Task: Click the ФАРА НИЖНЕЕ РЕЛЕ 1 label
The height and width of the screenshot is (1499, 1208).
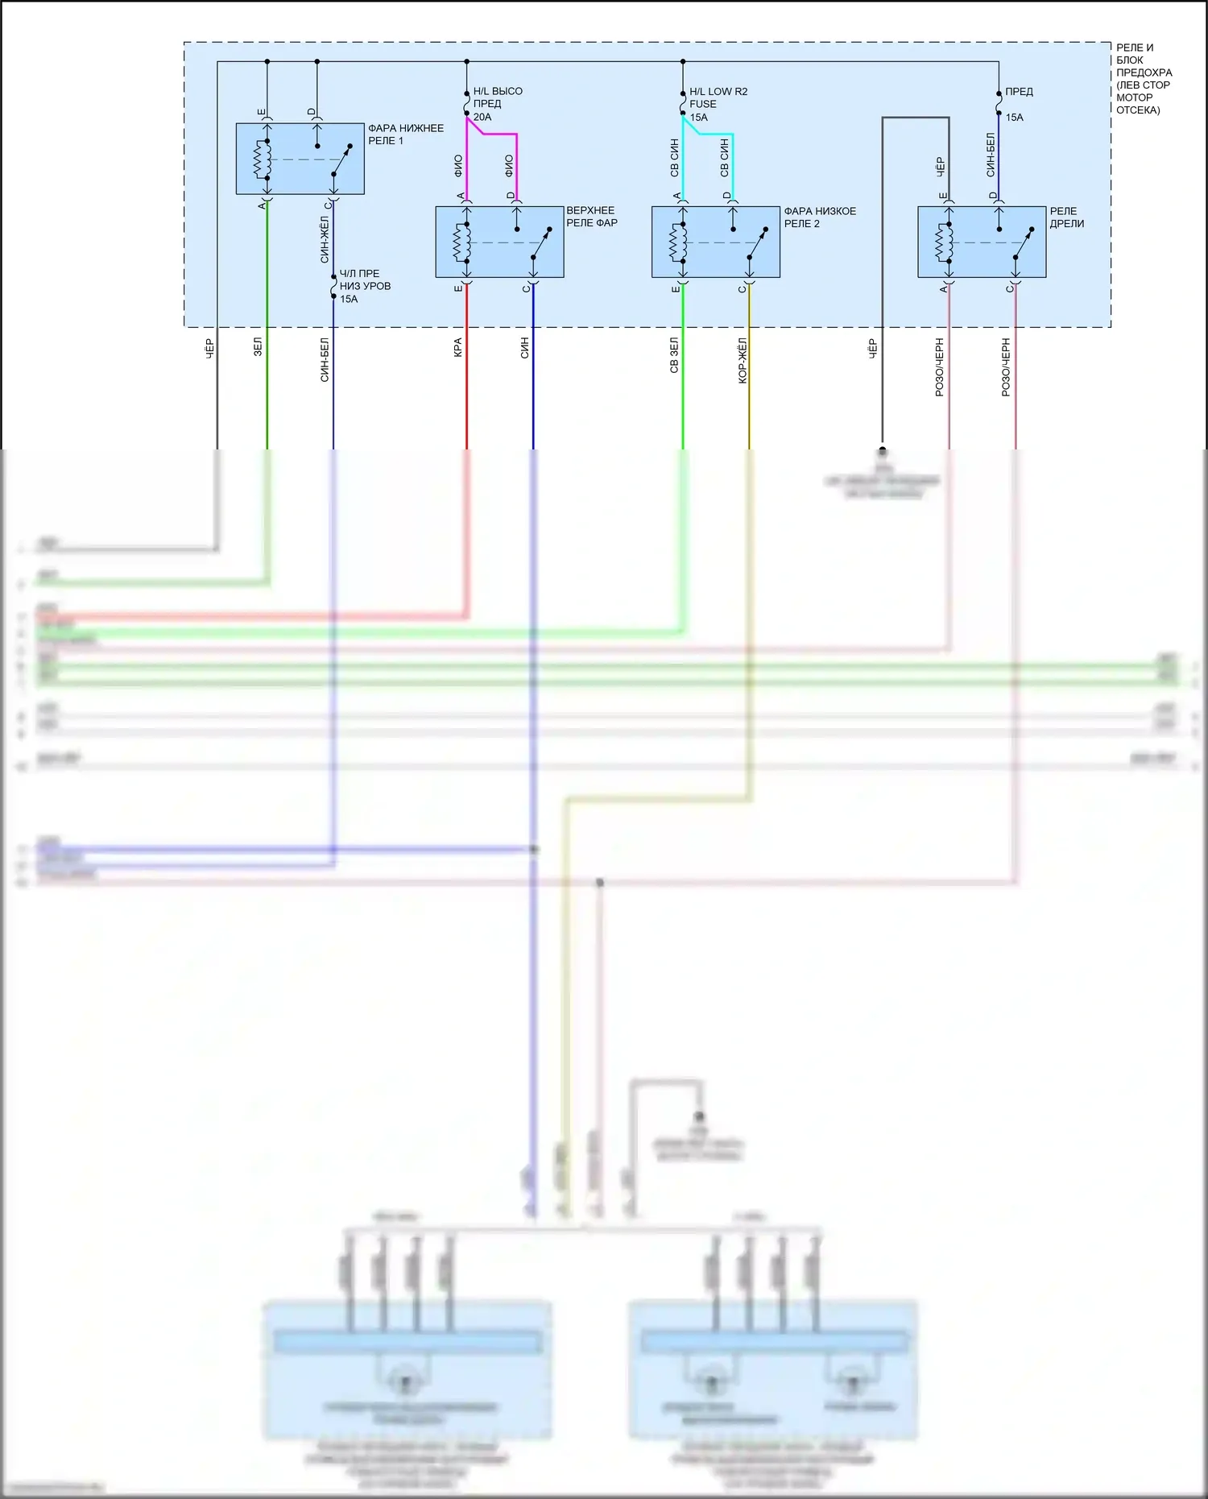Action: (x=405, y=135)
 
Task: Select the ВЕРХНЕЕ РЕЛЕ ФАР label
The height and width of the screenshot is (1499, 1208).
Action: (x=591, y=217)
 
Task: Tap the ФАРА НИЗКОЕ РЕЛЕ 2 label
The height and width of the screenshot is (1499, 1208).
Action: (x=819, y=217)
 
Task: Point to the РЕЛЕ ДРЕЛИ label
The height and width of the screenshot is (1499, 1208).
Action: (x=1066, y=217)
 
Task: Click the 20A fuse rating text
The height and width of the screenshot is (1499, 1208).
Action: (x=482, y=118)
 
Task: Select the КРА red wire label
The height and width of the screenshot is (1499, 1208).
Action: (x=457, y=347)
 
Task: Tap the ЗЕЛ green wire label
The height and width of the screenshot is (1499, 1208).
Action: (x=258, y=347)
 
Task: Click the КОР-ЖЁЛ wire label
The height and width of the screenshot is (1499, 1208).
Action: (x=743, y=360)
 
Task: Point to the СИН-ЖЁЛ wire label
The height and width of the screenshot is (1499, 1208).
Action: (x=325, y=239)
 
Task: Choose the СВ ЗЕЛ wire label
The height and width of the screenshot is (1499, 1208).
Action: (x=674, y=354)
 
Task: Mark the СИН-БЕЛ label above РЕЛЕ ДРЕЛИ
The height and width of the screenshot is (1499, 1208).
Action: (x=990, y=155)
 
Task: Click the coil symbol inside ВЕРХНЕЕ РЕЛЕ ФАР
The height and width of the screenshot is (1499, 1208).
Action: (x=461, y=242)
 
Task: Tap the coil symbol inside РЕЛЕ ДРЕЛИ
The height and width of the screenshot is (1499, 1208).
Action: (x=944, y=242)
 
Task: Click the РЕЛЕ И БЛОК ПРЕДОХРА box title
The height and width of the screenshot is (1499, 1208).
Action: (x=1143, y=79)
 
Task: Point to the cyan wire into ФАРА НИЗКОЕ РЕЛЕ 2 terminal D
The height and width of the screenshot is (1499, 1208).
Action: (x=733, y=165)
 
